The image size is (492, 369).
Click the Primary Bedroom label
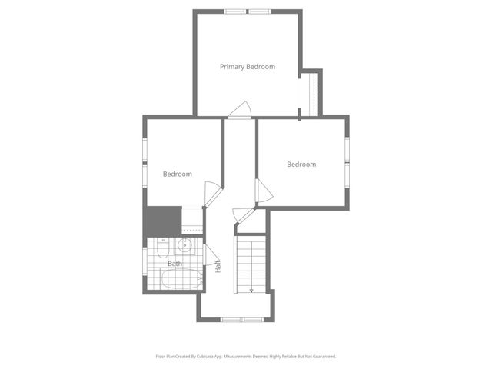point(248,67)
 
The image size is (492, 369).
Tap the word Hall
point(218,266)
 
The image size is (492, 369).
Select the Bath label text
point(175,264)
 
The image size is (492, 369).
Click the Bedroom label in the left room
point(177,174)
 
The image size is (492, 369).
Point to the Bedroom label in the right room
point(301,164)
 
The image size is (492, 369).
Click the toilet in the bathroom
point(163,248)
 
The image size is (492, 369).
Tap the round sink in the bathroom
point(184,246)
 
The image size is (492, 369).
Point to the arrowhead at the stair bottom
point(251,291)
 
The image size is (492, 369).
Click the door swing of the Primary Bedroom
point(241,110)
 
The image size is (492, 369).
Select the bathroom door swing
point(211,258)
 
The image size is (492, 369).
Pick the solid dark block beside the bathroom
point(162,221)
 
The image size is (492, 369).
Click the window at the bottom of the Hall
point(242,319)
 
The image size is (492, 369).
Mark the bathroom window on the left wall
point(144,265)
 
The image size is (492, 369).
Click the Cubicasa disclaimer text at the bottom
point(246,357)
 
